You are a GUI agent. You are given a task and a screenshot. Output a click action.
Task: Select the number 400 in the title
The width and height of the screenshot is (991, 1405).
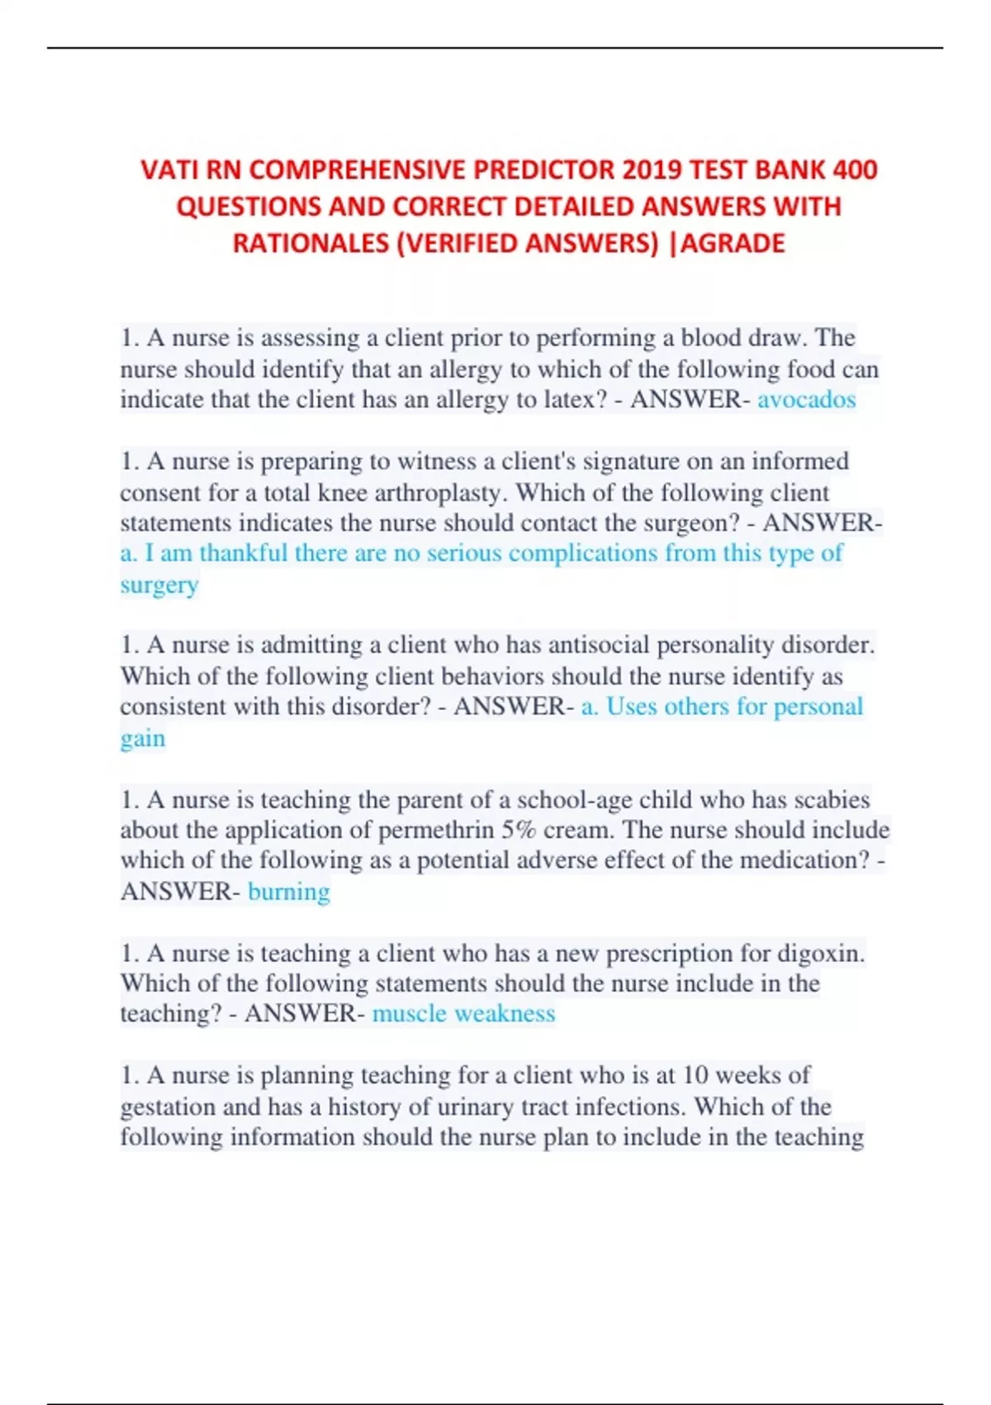pos(855,170)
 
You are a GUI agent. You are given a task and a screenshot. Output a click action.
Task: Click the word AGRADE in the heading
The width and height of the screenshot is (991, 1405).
pos(733,244)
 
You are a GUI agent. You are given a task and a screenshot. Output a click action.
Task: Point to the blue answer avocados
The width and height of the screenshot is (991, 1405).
pos(807,400)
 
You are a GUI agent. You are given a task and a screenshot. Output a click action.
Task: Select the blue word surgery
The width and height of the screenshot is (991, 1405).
pos(159,585)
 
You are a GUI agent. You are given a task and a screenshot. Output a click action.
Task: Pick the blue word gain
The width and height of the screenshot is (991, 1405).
pos(143,738)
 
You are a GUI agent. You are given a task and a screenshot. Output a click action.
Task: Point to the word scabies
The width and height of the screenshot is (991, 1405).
pos(832,800)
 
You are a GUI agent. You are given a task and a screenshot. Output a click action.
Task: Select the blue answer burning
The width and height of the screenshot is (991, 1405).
pos(289,892)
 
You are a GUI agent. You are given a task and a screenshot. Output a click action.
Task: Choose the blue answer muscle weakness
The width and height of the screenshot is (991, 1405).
pos(463,1014)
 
